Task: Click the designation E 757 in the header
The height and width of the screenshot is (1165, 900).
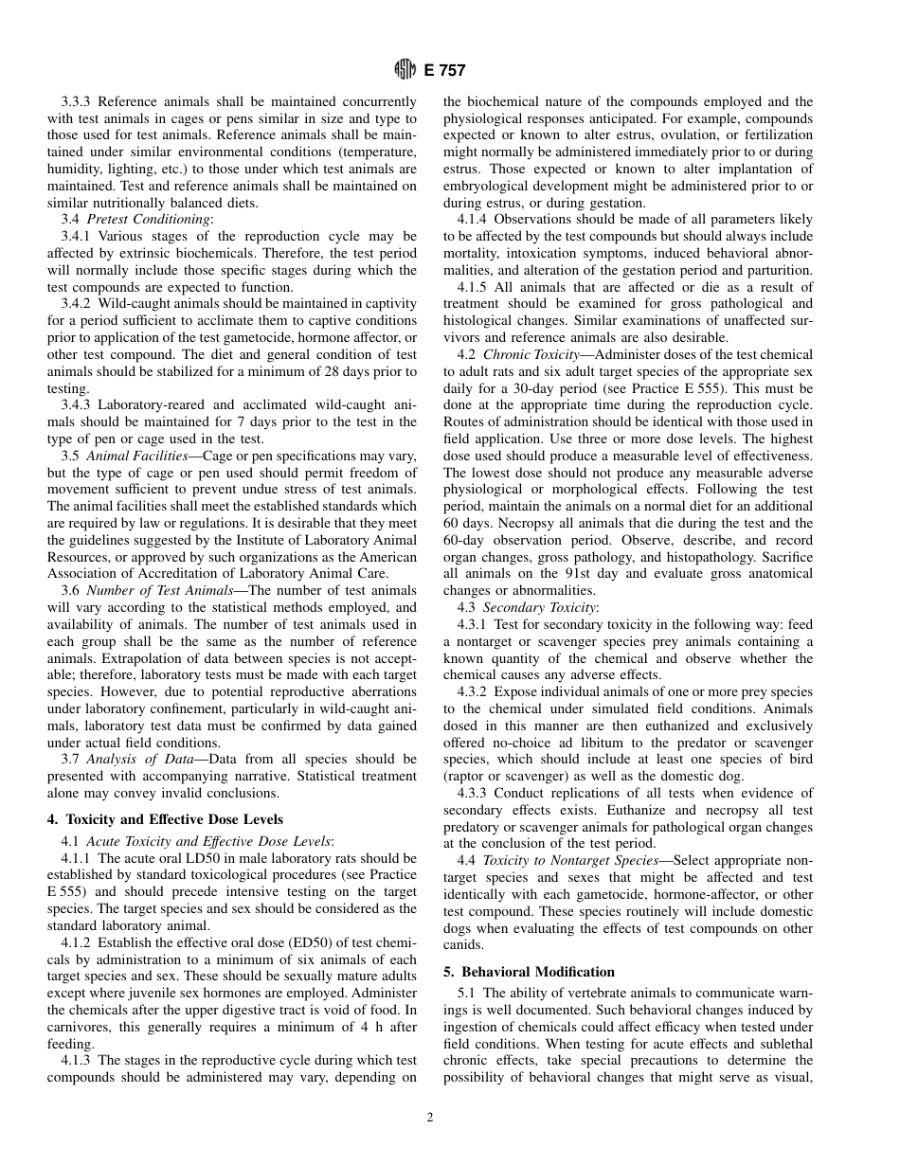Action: point(443,70)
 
